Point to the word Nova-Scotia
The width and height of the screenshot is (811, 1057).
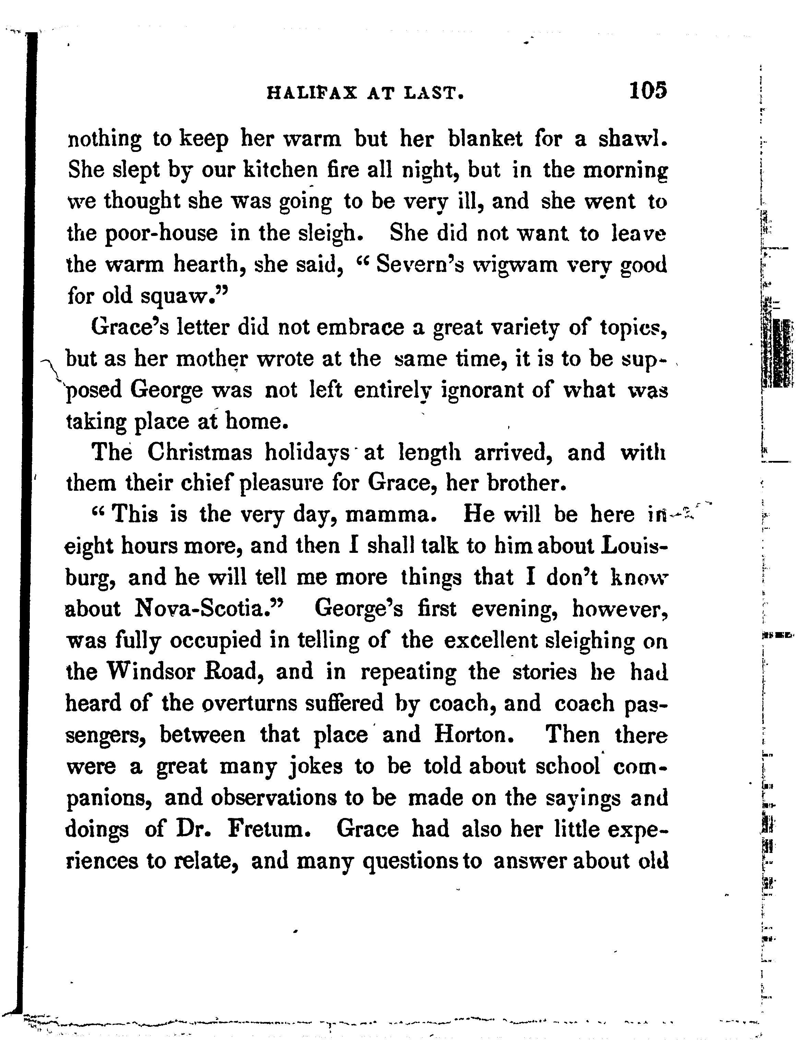tap(207, 609)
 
